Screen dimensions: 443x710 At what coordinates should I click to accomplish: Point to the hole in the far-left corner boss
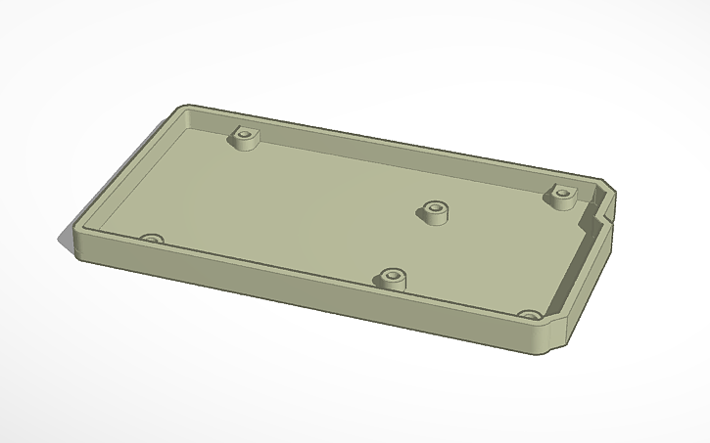point(244,133)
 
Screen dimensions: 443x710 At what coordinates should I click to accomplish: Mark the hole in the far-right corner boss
point(562,191)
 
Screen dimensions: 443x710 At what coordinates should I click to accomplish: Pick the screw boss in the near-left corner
point(151,238)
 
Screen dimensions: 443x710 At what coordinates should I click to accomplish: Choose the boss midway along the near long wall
point(394,279)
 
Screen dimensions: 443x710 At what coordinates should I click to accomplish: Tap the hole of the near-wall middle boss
point(394,274)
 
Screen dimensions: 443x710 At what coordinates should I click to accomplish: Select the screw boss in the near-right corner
point(530,315)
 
